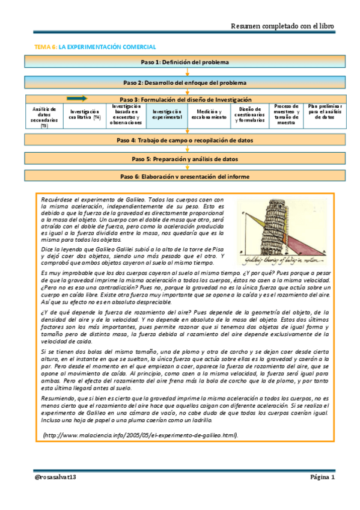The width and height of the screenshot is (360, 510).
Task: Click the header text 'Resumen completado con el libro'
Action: (282, 26)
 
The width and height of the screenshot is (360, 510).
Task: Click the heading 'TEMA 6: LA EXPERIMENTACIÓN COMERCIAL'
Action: (95, 46)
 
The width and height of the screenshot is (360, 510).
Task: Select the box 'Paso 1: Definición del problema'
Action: (185, 62)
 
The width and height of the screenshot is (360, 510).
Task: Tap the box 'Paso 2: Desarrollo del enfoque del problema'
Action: (185, 82)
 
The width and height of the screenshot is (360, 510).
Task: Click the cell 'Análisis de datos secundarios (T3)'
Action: (44, 115)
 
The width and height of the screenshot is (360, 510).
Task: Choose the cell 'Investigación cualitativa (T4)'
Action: (85, 115)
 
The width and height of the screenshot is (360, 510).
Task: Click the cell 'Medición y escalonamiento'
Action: (209, 115)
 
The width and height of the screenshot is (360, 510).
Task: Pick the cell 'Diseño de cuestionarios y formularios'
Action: (248, 115)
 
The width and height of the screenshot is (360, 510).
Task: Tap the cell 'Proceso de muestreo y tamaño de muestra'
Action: (286, 114)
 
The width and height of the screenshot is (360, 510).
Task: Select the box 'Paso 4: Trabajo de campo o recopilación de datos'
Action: (185, 140)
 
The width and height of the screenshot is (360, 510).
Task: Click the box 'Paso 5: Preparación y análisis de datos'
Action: (185, 159)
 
